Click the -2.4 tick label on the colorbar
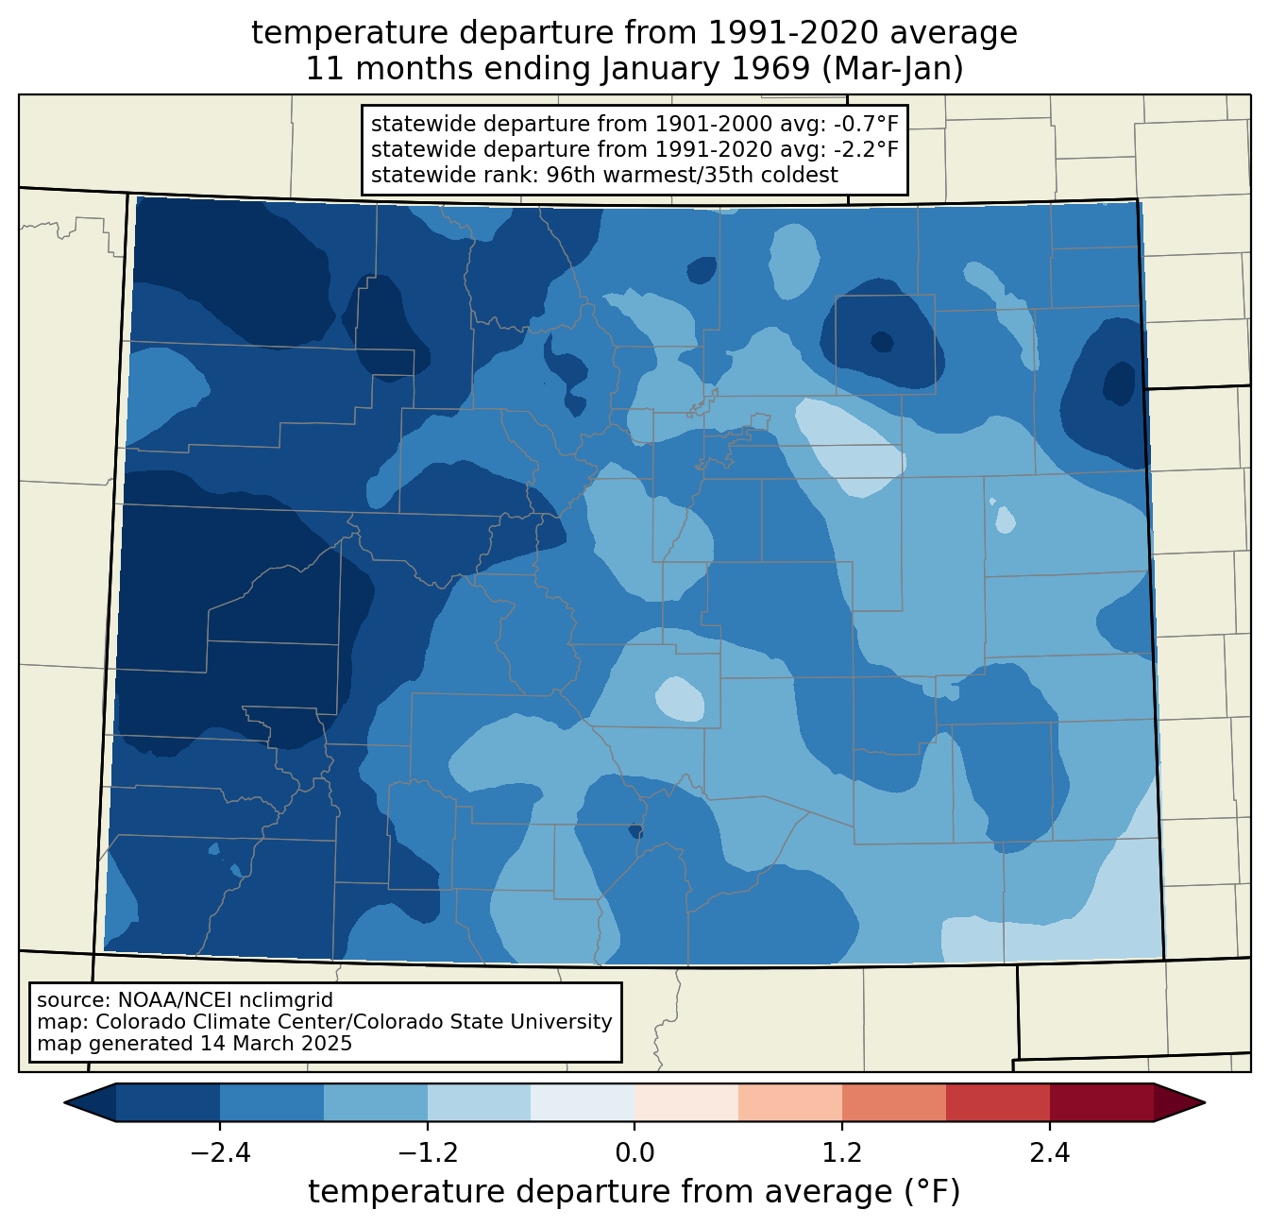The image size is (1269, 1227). point(220,1153)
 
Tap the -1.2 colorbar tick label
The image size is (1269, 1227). point(428,1153)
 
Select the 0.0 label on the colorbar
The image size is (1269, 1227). point(634,1153)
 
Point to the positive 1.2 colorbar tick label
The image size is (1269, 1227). point(842,1153)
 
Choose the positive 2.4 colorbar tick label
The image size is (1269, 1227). point(1050,1153)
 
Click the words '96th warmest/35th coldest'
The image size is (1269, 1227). point(692,175)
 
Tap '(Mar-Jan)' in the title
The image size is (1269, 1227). point(892,69)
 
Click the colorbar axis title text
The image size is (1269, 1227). point(634,1191)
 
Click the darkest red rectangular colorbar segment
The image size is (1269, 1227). point(1102,1103)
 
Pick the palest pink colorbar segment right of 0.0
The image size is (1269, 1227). point(686,1103)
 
